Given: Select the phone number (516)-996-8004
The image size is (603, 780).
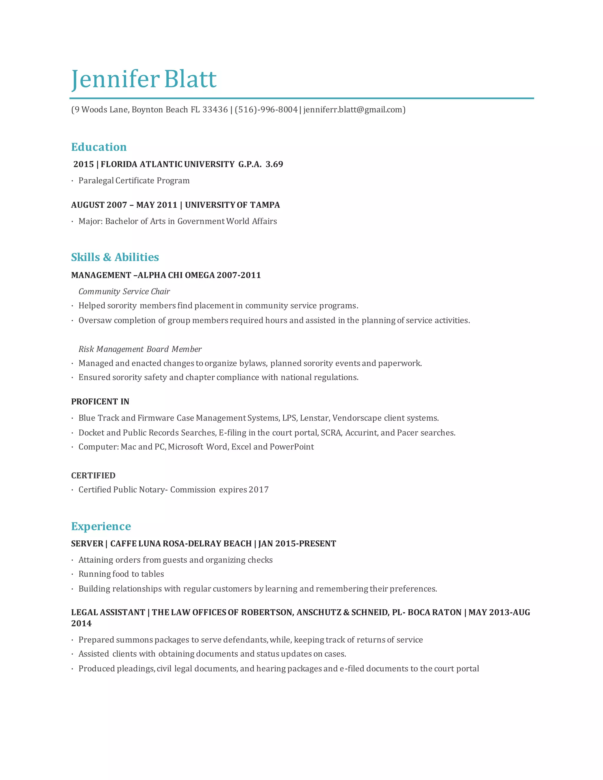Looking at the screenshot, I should (x=266, y=110).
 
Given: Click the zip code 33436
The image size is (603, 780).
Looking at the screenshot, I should (x=215, y=110).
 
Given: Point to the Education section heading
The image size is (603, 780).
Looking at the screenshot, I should (x=99, y=147).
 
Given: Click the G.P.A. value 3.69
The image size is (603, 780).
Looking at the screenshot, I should (x=274, y=164).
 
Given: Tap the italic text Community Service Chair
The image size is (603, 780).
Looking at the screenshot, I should (x=124, y=291).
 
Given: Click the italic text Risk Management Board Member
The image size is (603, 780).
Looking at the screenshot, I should (x=140, y=349).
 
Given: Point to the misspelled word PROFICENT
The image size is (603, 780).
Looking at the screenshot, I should (x=94, y=401).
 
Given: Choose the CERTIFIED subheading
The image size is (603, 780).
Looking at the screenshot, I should (x=93, y=475).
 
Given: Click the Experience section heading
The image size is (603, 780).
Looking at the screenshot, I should (x=101, y=526).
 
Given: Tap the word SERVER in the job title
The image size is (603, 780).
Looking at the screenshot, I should (x=87, y=544).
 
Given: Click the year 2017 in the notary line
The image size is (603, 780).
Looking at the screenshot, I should (x=259, y=490).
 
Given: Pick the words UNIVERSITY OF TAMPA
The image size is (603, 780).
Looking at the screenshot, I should (x=232, y=205).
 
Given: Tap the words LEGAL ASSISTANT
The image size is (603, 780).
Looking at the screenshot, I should (x=108, y=612).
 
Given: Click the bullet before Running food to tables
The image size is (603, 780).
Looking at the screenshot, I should (x=72, y=574).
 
